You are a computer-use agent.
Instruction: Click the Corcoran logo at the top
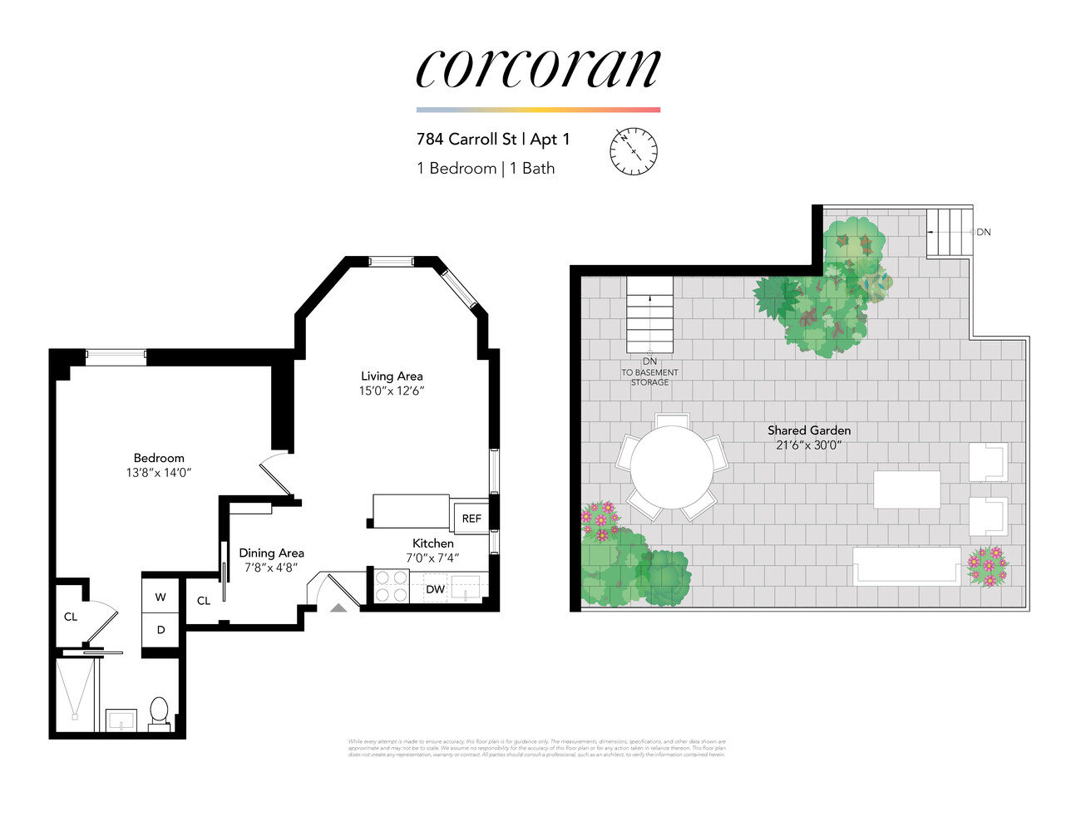tap(538, 68)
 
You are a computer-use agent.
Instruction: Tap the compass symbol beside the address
tap(634, 151)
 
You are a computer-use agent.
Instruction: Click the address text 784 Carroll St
tap(466, 140)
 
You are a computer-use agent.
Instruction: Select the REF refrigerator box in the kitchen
tap(471, 519)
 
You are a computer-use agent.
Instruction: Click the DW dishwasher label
tap(435, 589)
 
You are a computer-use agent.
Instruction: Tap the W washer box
tap(160, 597)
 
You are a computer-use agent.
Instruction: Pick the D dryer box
tap(160, 630)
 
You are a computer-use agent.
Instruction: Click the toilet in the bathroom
tap(159, 713)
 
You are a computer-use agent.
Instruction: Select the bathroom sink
tap(121, 720)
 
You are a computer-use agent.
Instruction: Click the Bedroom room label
tap(159, 458)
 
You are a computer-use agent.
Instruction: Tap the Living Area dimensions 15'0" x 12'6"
tap(391, 391)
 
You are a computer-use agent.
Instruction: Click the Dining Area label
tap(271, 553)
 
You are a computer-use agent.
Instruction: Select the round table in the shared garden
tap(671, 467)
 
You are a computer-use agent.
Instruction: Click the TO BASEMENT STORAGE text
tap(649, 377)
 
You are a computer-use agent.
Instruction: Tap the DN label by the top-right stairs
tap(984, 232)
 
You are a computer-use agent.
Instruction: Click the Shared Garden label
tap(808, 430)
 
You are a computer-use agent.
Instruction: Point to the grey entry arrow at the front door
tap(338, 608)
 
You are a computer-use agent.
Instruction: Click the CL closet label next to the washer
tap(204, 601)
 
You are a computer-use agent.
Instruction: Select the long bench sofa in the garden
tap(906, 566)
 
